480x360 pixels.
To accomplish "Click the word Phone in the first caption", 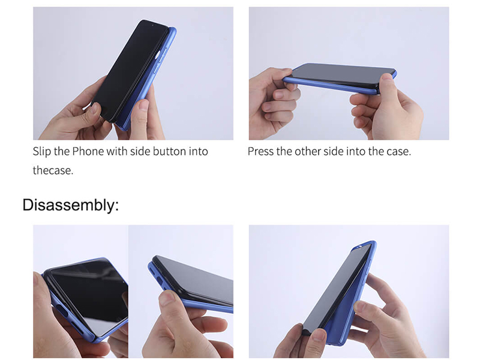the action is [x=88, y=151].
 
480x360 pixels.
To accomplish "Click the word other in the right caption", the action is [x=306, y=151].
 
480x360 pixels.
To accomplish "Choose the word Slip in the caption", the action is [x=41, y=151].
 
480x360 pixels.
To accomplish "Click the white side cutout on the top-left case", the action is [x=158, y=55].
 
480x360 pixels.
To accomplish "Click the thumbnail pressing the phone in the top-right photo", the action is [x=387, y=77].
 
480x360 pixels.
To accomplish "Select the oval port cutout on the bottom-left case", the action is [x=62, y=311].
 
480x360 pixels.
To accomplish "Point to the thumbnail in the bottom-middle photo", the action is [x=167, y=298].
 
